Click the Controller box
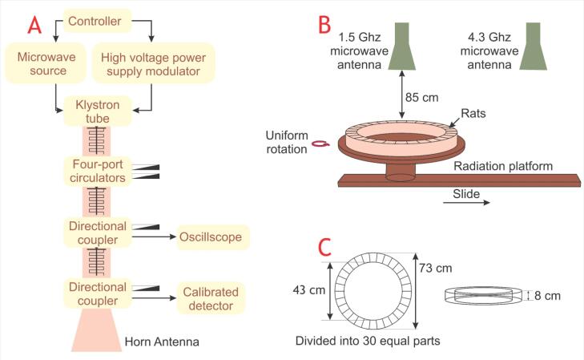click(x=95, y=20)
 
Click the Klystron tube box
click(x=95, y=111)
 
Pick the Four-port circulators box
click(x=95, y=170)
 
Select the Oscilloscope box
click(x=211, y=237)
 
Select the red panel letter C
click(x=325, y=247)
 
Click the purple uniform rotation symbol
click(x=320, y=144)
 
